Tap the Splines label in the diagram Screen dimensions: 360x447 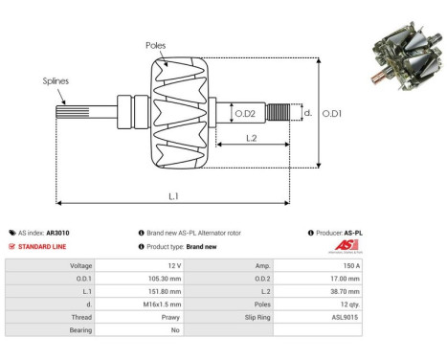click(55, 81)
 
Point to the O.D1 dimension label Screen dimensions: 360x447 click(331, 113)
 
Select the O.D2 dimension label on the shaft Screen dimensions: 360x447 click(245, 114)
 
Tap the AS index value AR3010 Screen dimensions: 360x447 click(57, 233)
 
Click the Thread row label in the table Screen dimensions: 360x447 click(79, 315)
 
